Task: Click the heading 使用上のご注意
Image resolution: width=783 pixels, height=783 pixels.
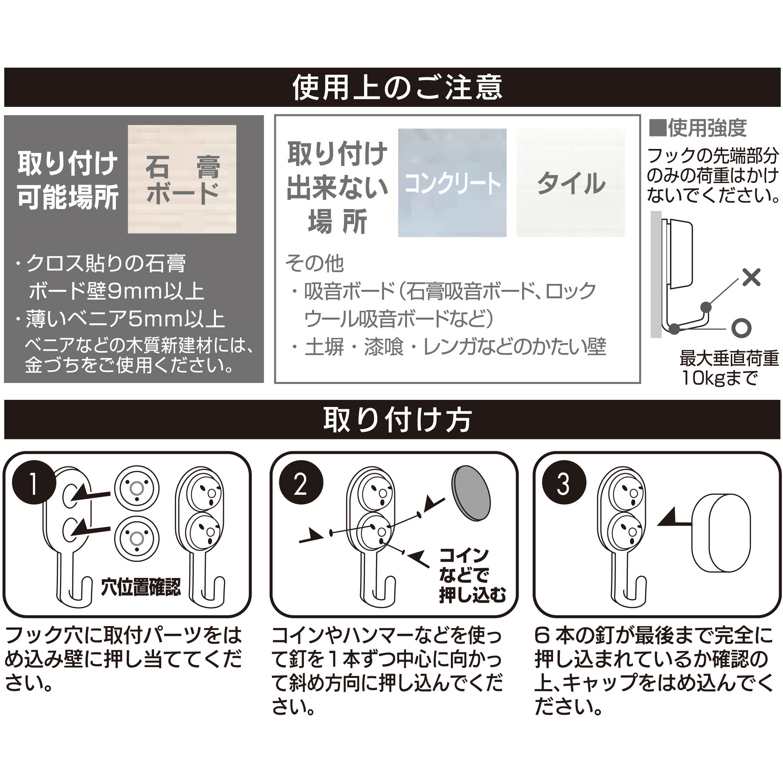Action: pos(397,87)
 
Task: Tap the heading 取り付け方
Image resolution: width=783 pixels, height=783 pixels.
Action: pos(397,420)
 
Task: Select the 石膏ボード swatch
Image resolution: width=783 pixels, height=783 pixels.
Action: pos(182,179)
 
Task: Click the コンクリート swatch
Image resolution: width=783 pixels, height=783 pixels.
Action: pos(452,183)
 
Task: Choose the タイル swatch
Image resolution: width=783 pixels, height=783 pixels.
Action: pos(570,183)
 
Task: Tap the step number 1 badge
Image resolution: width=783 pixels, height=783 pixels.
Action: pos(34,484)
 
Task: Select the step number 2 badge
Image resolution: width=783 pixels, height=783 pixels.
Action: pos(301,484)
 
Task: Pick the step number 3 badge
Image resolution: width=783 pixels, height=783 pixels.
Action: pos(564,484)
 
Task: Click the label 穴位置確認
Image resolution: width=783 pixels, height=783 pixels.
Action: pos(141,587)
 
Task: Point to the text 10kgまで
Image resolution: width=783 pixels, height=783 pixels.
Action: pos(719,378)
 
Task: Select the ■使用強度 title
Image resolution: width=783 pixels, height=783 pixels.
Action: pos(697,128)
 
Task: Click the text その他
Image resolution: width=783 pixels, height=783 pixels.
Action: pos(314,263)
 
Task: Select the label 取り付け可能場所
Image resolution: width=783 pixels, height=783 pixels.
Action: pos(68,180)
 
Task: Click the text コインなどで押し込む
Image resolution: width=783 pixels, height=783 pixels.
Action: pos(472,576)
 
